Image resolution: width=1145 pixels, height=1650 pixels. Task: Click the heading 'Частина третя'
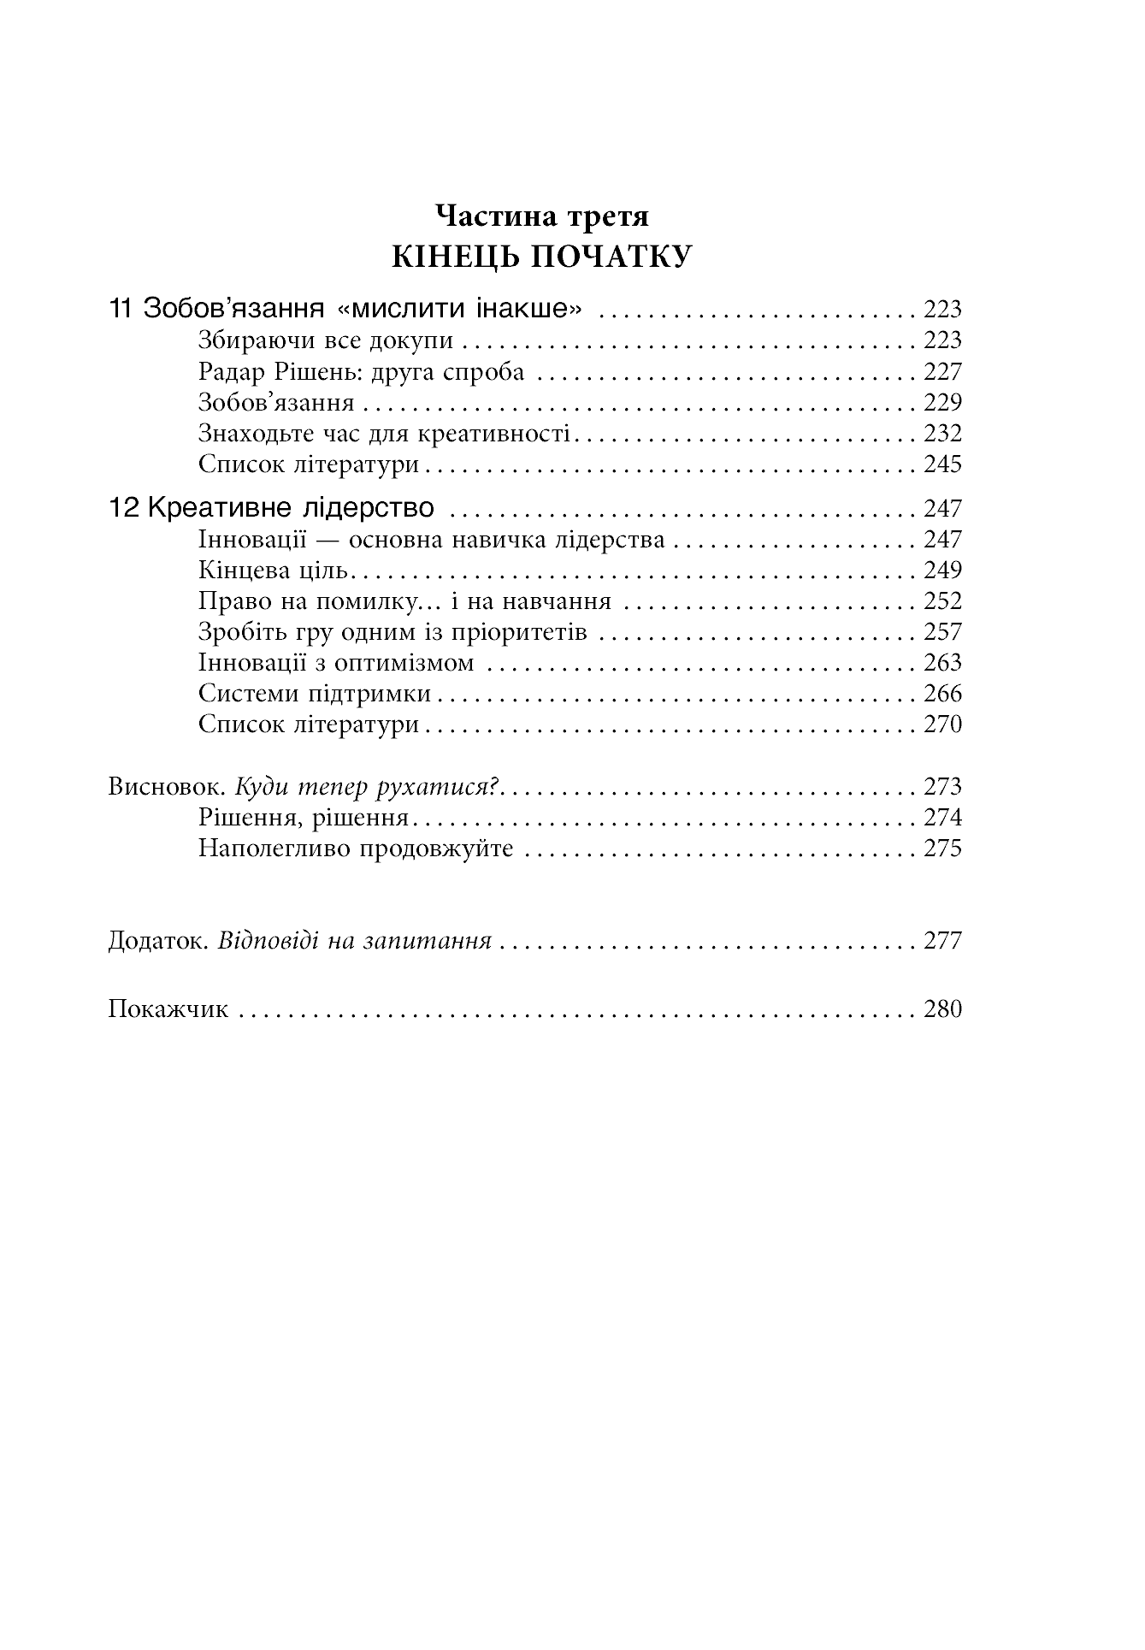point(542,216)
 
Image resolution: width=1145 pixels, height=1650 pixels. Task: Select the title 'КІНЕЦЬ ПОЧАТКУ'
point(542,257)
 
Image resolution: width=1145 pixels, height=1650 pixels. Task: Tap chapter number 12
point(124,508)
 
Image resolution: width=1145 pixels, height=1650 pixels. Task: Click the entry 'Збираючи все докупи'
point(326,340)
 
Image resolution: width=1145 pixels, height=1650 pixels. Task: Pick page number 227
point(942,371)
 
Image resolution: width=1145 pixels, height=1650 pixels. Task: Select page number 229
point(942,402)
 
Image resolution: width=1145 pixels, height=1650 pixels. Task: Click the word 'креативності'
point(493,433)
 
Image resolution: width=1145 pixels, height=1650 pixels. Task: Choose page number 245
point(942,464)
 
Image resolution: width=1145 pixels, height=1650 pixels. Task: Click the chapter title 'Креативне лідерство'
point(291,508)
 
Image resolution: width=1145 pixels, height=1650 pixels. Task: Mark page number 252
point(942,600)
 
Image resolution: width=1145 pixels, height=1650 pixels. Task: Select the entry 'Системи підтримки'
point(315,693)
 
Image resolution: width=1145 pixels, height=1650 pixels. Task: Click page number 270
point(942,724)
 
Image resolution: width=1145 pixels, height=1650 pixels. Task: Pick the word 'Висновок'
point(166,785)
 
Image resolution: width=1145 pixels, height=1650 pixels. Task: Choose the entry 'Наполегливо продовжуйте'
point(356,848)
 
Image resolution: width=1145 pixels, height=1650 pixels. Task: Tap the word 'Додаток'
point(159,940)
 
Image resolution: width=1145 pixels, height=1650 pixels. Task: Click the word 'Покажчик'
point(168,1008)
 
